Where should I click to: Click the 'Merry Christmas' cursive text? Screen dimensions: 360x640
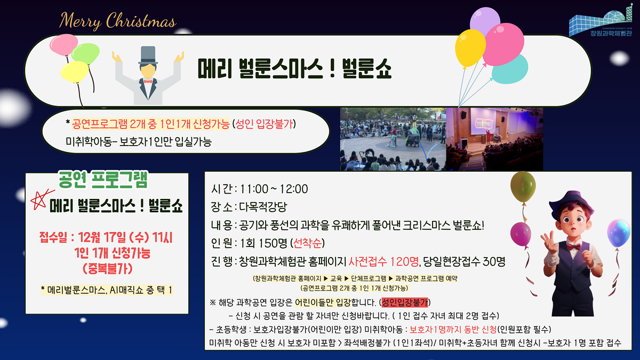117,21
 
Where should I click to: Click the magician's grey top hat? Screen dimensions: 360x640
148,55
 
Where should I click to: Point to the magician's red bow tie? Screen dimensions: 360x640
147,82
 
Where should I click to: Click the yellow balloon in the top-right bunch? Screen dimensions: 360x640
470,48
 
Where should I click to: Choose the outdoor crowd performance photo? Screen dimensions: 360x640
393,139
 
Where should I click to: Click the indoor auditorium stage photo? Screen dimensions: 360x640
494,139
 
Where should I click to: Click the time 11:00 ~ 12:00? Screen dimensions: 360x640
274,189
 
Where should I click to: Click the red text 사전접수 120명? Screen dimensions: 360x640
384,261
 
